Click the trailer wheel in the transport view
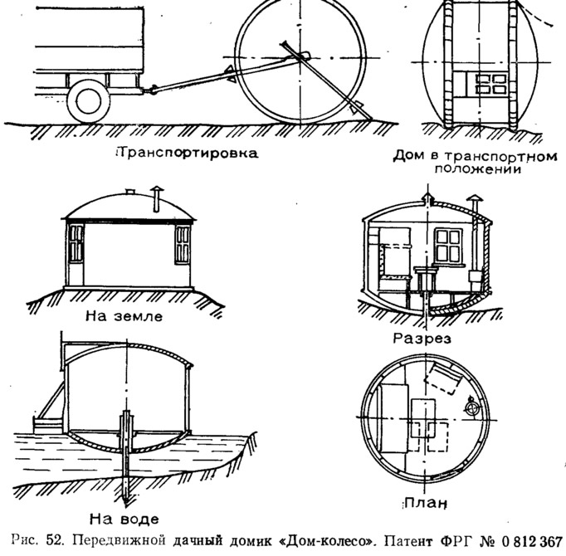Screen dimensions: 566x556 (89, 100)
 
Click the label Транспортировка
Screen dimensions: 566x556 (188, 153)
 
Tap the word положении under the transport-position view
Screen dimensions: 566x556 (478, 169)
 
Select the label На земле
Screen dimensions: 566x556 (124, 316)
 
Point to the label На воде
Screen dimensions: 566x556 (124, 519)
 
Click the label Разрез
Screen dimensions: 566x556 (422, 339)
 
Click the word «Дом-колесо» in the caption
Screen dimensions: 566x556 (326, 540)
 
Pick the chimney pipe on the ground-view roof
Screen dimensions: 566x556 (157, 198)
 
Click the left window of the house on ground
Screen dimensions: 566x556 (76, 244)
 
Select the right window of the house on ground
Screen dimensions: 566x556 (183, 245)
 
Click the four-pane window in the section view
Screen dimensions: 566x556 (449, 246)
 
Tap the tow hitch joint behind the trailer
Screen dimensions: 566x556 (152, 89)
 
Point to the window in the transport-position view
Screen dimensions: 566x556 (481, 84)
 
